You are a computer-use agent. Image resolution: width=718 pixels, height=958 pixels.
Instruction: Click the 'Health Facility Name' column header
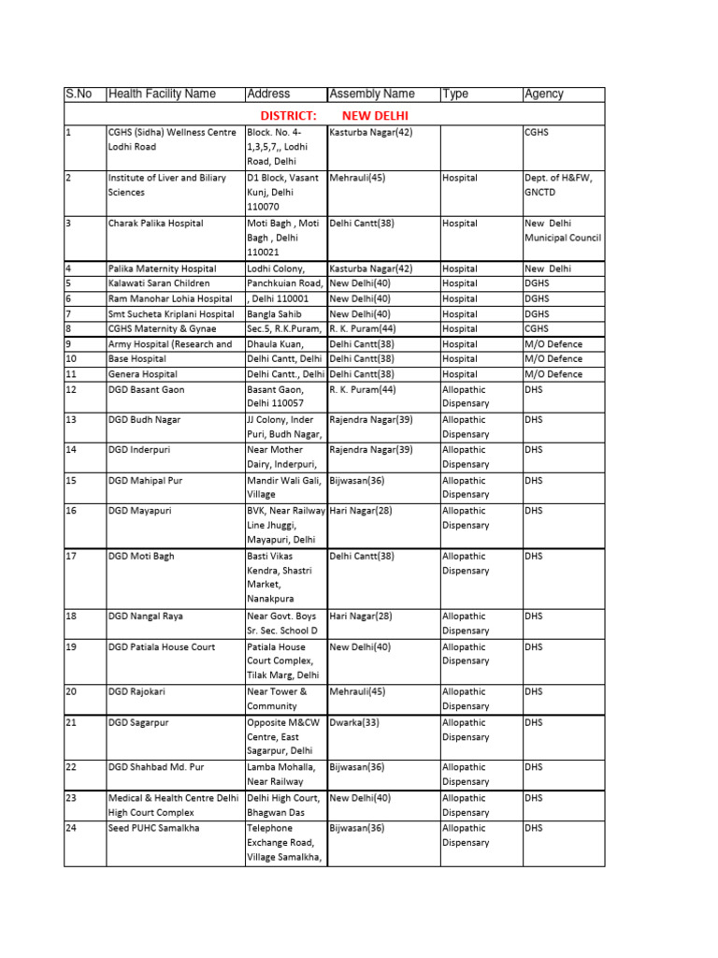[162, 94]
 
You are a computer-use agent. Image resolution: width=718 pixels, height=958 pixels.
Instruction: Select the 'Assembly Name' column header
[371, 94]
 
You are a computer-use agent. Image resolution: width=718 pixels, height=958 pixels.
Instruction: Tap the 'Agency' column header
[544, 94]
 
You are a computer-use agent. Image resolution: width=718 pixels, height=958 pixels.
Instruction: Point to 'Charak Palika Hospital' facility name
[155, 224]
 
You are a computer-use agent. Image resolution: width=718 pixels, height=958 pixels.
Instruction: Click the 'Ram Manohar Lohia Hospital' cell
[169, 298]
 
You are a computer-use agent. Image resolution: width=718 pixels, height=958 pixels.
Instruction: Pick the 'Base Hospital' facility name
[137, 358]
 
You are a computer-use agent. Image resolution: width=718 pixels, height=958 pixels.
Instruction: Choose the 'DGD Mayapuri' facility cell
[139, 511]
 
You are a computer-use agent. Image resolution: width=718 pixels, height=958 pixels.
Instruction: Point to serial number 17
[71, 556]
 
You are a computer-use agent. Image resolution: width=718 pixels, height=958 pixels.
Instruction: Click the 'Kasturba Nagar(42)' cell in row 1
[371, 133]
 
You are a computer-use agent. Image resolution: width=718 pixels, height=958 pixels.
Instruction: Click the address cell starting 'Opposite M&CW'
[284, 736]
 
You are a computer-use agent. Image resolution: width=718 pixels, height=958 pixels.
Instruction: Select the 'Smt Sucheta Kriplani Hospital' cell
[170, 313]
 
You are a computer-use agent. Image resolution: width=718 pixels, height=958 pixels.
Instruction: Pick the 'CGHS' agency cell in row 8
[537, 328]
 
